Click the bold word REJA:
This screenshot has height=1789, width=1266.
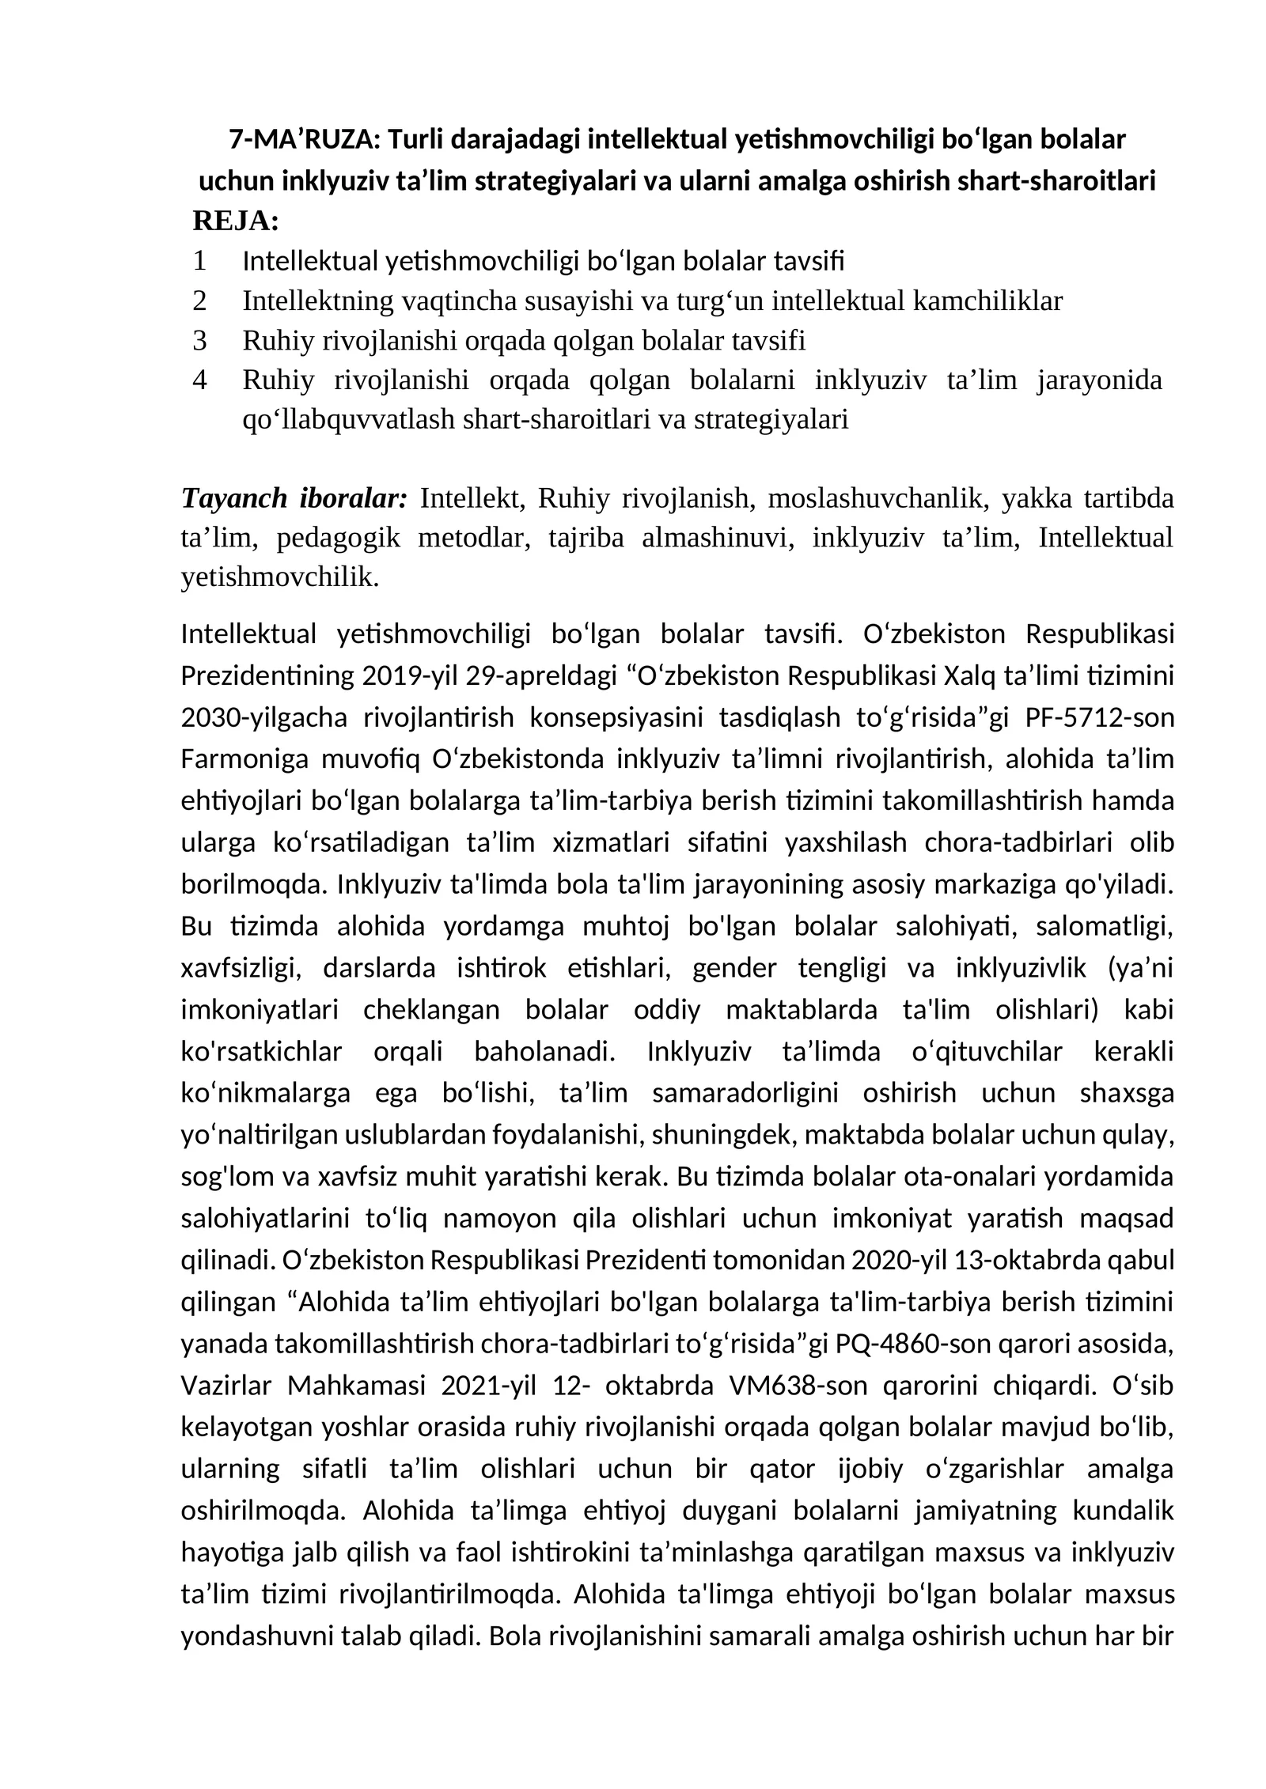pyautogui.click(x=236, y=221)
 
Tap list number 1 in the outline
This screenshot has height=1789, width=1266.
pyautogui.click(x=199, y=260)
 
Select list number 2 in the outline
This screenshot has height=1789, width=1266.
pyautogui.click(x=199, y=301)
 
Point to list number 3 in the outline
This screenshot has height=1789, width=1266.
pyautogui.click(x=199, y=341)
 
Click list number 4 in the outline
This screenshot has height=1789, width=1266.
pyautogui.click(x=199, y=380)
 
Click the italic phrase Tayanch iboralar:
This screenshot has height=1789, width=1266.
pyautogui.click(x=294, y=498)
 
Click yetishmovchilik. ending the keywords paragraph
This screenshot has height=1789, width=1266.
pyautogui.click(x=280, y=577)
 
